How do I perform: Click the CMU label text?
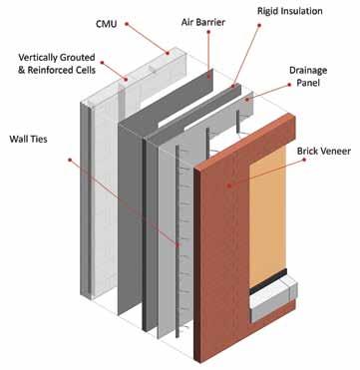pos(107,24)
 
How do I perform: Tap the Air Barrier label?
pos(203,22)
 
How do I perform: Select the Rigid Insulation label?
pos(290,11)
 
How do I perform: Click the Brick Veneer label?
pos(324,152)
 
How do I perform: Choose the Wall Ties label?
pos(28,139)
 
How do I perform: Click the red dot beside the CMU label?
pos(127,24)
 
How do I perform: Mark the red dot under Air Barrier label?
pos(208,32)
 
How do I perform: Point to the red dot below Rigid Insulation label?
pos(259,25)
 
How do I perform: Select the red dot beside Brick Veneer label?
pos(303,160)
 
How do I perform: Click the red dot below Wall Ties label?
pos(70,160)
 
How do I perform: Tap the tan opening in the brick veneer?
pos(267,217)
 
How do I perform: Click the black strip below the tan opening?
pos(268,281)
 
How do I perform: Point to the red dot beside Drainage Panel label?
pos(290,85)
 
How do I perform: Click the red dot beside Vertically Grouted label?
pos(102,62)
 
